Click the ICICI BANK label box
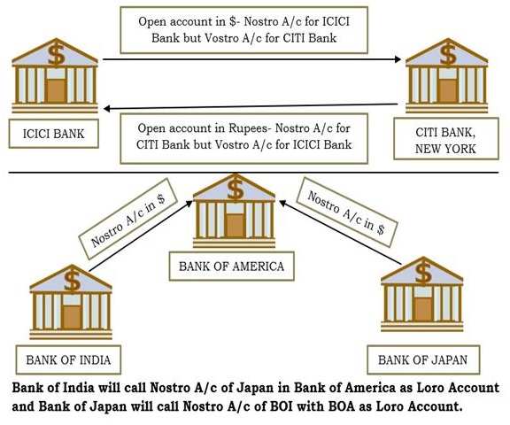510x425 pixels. (54, 134)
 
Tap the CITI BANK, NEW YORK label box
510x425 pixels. (446, 139)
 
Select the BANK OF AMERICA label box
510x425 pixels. (232, 266)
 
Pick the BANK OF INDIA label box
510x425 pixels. (68, 360)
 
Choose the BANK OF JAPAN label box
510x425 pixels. (423, 360)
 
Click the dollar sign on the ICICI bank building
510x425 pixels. (57, 56)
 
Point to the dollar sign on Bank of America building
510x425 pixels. (236, 189)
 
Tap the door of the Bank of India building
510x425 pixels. (72, 317)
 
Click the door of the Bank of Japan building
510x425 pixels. (423, 310)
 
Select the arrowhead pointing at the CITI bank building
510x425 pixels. (398, 59)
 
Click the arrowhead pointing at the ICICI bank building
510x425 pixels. (107, 109)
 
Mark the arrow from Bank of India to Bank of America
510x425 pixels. (141, 236)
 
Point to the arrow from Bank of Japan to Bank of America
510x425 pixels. (341, 232)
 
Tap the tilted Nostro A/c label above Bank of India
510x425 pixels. (127, 219)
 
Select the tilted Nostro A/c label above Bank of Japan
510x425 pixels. (347, 212)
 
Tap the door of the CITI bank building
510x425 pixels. (447, 90)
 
